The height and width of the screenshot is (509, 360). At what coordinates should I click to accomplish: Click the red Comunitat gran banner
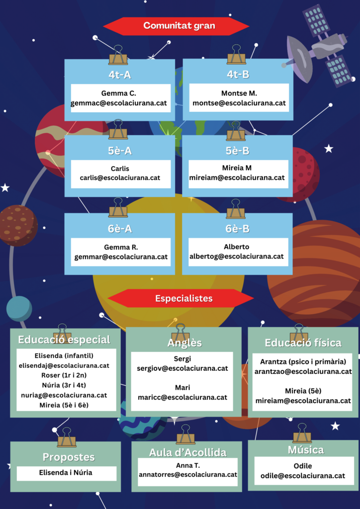(176, 26)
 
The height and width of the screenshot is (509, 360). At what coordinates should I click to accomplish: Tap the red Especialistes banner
(181, 298)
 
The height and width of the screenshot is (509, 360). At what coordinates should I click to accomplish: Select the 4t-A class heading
(119, 75)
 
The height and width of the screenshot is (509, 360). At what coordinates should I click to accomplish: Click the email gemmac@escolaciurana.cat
(119, 103)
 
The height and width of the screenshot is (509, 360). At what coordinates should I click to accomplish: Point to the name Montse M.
(239, 93)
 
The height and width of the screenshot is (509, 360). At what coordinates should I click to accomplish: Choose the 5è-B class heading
(238, 151)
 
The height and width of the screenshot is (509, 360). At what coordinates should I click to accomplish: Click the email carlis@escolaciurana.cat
(120, 177)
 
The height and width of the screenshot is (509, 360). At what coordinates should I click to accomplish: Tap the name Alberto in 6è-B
(237, 247)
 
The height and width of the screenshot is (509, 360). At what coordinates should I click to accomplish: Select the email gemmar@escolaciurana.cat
(121, 257)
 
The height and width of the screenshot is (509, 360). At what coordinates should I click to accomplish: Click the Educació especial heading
(64, 340)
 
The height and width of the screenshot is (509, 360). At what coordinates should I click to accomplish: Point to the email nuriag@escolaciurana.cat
(64, 395)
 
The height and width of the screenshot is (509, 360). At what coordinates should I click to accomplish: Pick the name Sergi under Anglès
(182, 358)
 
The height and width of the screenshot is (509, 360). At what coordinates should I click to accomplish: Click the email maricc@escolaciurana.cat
(182, 397)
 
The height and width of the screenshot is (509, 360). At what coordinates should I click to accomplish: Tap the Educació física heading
(303, 343)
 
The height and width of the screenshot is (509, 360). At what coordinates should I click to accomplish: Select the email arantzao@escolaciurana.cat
(303, 371)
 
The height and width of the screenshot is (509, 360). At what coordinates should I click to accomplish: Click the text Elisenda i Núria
(67, 473)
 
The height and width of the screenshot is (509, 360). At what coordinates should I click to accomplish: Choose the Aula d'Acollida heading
(187, 452)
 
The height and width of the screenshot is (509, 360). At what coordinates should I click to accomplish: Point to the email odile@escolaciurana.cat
(303, 476)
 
